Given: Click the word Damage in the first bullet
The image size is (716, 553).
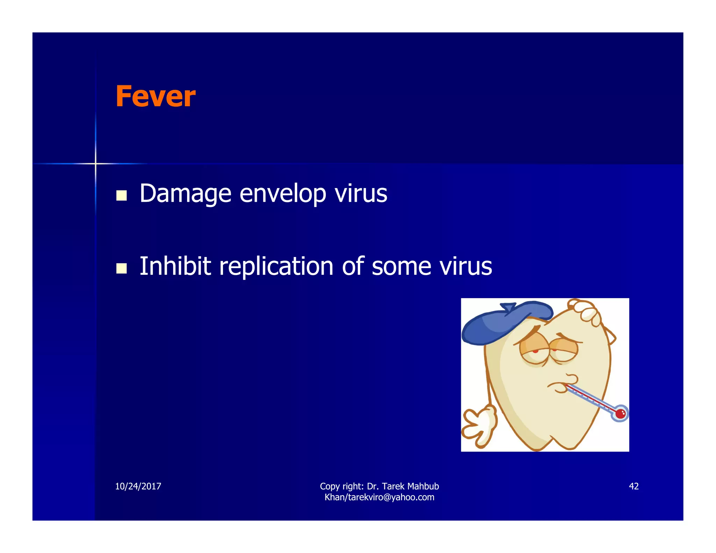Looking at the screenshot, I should [185, 193].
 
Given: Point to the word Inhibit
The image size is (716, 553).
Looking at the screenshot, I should [175, 266].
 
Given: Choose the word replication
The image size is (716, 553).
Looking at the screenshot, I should [276, 267].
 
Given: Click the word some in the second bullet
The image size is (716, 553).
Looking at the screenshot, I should [401, 267].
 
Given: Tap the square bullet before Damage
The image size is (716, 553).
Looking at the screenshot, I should [121, 195].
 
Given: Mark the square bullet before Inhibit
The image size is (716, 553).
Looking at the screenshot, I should [121, 268].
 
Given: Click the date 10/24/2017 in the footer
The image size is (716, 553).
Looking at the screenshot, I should [138, 486].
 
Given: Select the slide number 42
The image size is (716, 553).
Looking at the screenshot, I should [633, 486].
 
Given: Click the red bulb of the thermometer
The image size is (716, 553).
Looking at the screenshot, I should [621, 414].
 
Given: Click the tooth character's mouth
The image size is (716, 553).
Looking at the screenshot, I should [559, 386].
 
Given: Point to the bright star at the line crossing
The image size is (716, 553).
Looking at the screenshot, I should [95, 163].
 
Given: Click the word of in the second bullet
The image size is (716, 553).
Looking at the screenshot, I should [353, 266].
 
